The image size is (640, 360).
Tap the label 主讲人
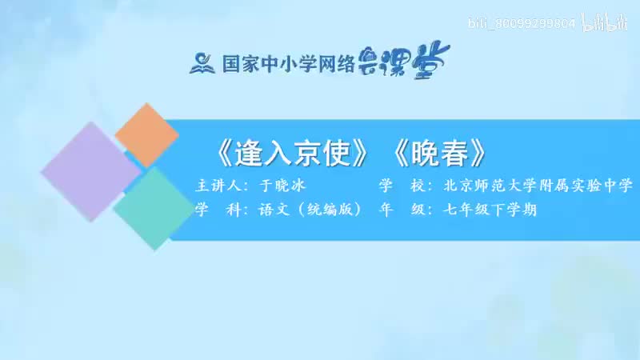(x=217, y=186)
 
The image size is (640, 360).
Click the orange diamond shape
(x=146, y=134)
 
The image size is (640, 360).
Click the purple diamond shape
(x=90, y=171)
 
